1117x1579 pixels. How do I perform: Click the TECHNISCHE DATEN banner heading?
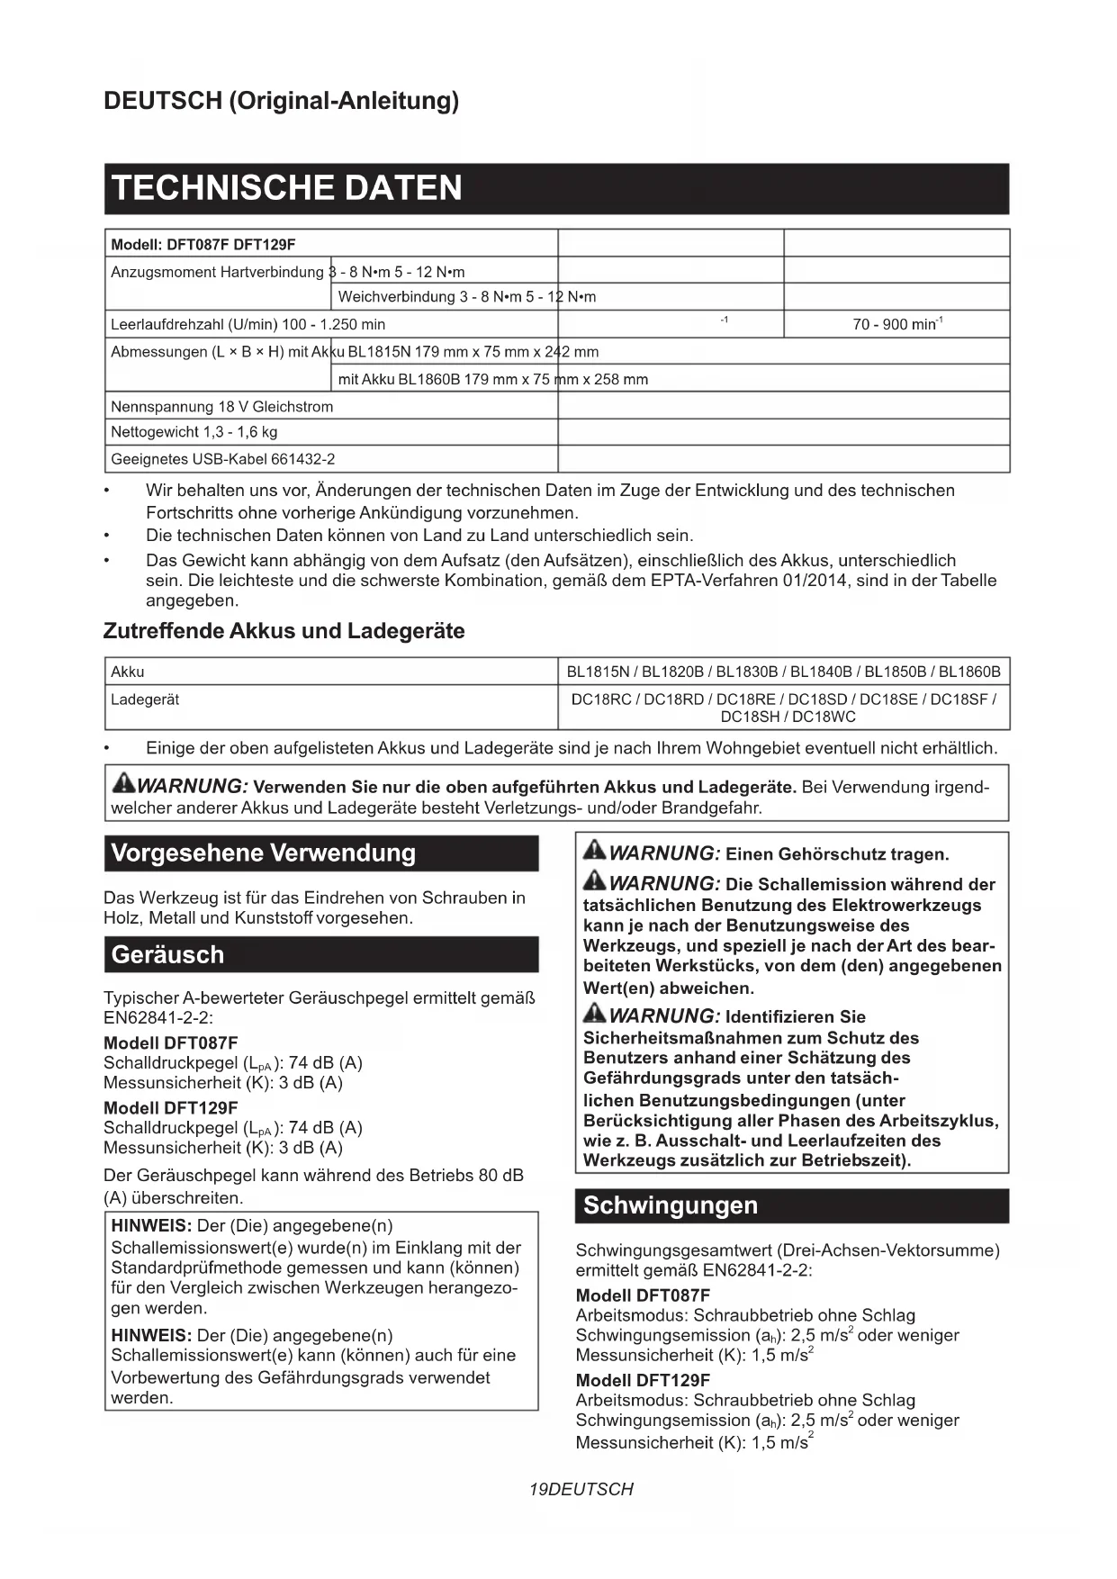tap(286, 188)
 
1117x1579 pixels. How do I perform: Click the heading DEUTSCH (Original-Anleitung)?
tap(281, 100)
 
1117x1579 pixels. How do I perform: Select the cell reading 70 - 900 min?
tap(896, 324)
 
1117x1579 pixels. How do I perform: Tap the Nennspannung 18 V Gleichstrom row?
tap(221, 407)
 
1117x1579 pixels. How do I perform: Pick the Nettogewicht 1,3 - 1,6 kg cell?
tap(194, 432)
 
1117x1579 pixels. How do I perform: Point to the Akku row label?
tap(127, 672)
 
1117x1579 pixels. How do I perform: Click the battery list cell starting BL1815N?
tap(783, 672)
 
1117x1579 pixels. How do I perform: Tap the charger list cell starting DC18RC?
tap(783, 708)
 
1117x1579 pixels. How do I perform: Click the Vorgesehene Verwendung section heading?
tap(263, 853)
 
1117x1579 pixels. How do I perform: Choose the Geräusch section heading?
tap(167, 954)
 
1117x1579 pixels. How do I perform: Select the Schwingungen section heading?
tap(671, 1205)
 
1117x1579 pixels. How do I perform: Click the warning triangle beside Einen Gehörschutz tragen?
tap(595, 850)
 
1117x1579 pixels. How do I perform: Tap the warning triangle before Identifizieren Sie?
tap(595, 1014)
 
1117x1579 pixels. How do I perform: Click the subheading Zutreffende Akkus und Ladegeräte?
tap(284, 631)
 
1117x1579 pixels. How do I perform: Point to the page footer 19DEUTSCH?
tap(581, 1489)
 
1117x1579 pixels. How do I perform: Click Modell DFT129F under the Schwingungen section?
tap(643, 1380)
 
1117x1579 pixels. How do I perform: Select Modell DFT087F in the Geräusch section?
tap(171, 1042)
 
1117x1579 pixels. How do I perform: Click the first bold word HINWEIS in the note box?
tap(150, 1225)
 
